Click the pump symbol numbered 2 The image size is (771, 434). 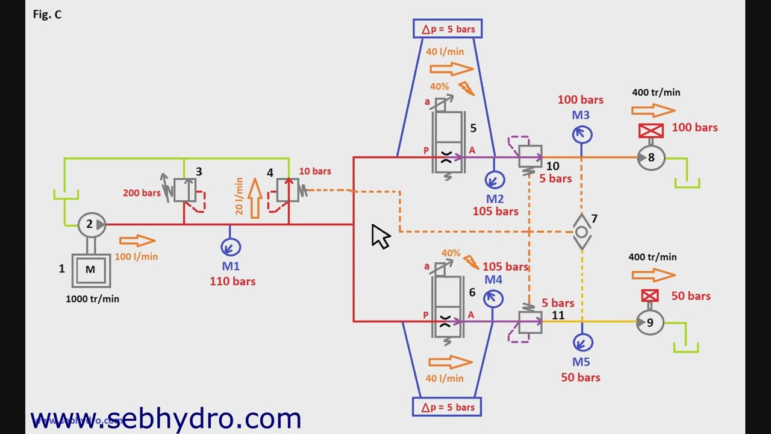click(92, 225)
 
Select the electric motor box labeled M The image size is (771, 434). click(91, 271)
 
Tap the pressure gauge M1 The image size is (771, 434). click(231, 247)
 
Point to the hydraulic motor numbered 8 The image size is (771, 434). click(651, 158)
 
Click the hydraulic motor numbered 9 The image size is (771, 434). click(649, 322)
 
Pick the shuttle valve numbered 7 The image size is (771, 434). click(582, 232)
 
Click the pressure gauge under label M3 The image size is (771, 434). click(582, 134)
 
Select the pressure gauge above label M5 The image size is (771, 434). click(582, 343)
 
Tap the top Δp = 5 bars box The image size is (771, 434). click(448, 28)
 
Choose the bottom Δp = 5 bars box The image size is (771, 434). click(447, 407)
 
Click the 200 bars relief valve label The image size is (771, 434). click(142, 193)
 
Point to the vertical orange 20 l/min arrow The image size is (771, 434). click(255, 198)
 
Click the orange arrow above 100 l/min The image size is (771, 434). click(137, 241)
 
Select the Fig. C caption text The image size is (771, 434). click(47, 14)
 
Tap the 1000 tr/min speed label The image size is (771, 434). click(93, 298)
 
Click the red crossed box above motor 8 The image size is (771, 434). click(651, 131)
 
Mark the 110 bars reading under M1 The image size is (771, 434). click(233, 281)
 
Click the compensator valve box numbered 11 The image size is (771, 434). click(530, 322)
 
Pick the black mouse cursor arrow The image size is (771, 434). click(380, 236)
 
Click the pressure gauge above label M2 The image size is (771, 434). click(495, 180)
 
